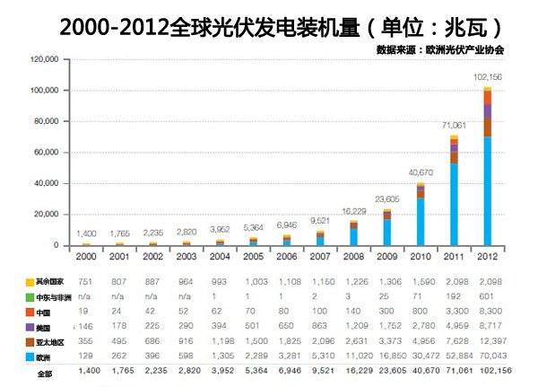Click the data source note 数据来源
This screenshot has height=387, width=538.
(440, 49)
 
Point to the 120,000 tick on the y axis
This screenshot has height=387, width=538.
(44, 60)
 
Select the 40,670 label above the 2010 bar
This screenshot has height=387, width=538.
(421, 172)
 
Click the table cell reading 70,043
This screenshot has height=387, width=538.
(488, 357)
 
